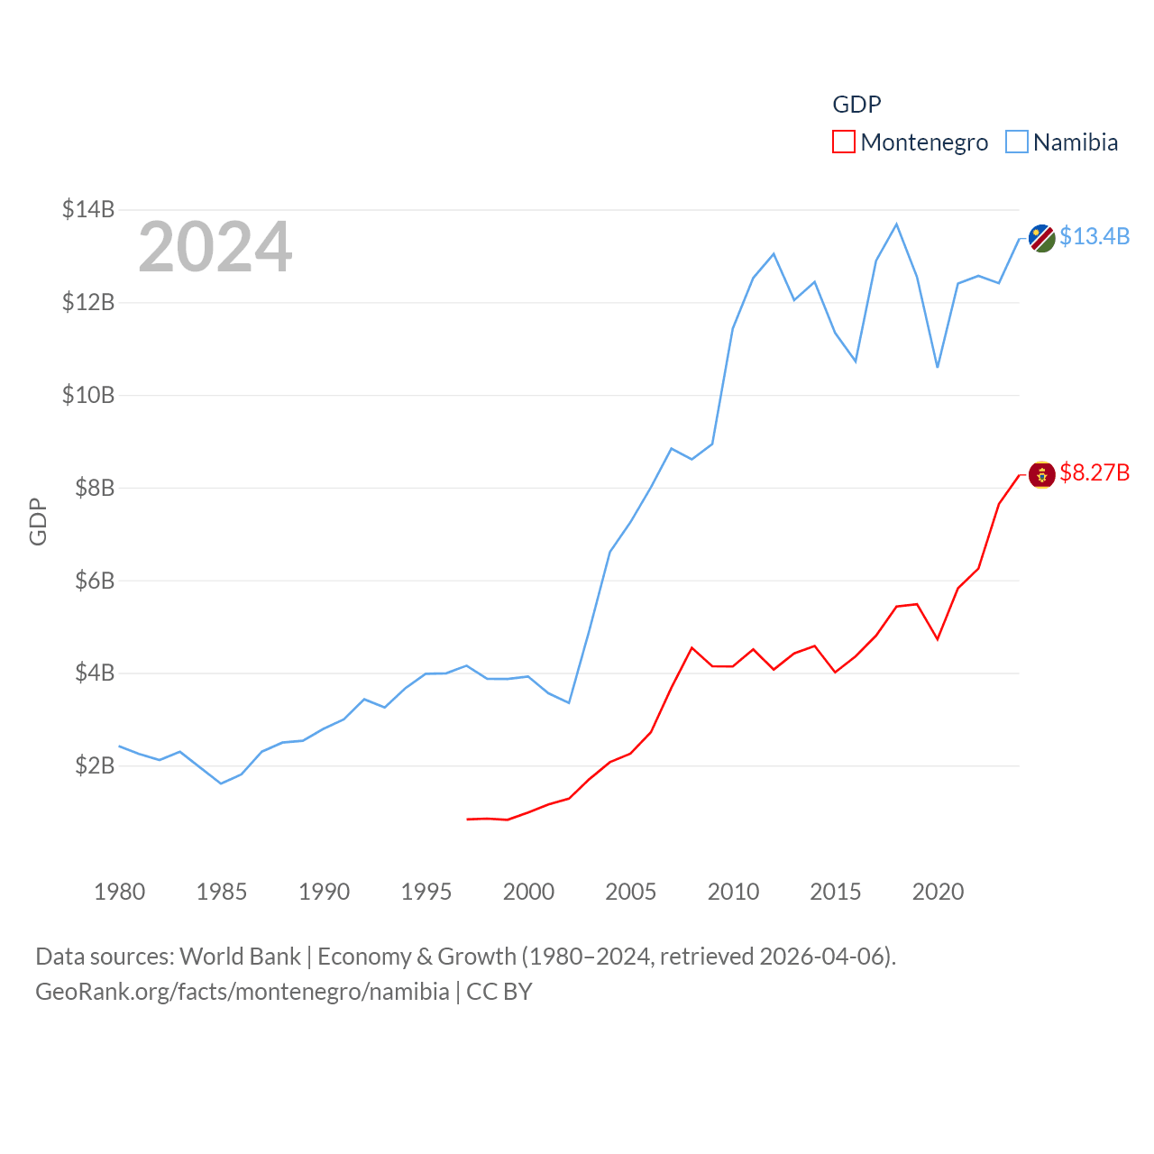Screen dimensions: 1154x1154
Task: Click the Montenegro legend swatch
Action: point(843,142)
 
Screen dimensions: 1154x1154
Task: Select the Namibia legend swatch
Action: point(1016,142)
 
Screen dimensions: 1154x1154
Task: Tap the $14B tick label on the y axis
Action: point(88,209)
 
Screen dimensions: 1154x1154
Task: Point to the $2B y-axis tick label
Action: point(95,765)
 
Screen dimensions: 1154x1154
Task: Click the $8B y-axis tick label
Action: point(95,488)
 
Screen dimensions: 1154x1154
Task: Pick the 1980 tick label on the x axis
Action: point(119,892)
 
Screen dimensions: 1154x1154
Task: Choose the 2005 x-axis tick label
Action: point(630,892)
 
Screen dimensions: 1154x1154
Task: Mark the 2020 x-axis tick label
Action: point(938,892)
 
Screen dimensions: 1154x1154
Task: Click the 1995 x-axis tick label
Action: point(426,892)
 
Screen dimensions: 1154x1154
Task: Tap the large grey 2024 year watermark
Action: point(215,246)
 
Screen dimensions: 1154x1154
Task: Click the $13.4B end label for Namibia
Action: point(1094,236)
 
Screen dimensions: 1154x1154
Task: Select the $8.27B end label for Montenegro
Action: point(1094,472)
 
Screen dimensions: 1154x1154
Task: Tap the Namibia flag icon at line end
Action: point(1041,238)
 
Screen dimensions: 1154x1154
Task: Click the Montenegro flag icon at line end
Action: point(1041,474)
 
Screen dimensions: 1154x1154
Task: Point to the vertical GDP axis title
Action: point(38,521)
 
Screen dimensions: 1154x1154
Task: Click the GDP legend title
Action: point(856,105)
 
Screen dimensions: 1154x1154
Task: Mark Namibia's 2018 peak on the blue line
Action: point(896,224)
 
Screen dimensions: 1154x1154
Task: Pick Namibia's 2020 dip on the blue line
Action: point(938,367)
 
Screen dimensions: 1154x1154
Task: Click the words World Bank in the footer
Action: point(240,956)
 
